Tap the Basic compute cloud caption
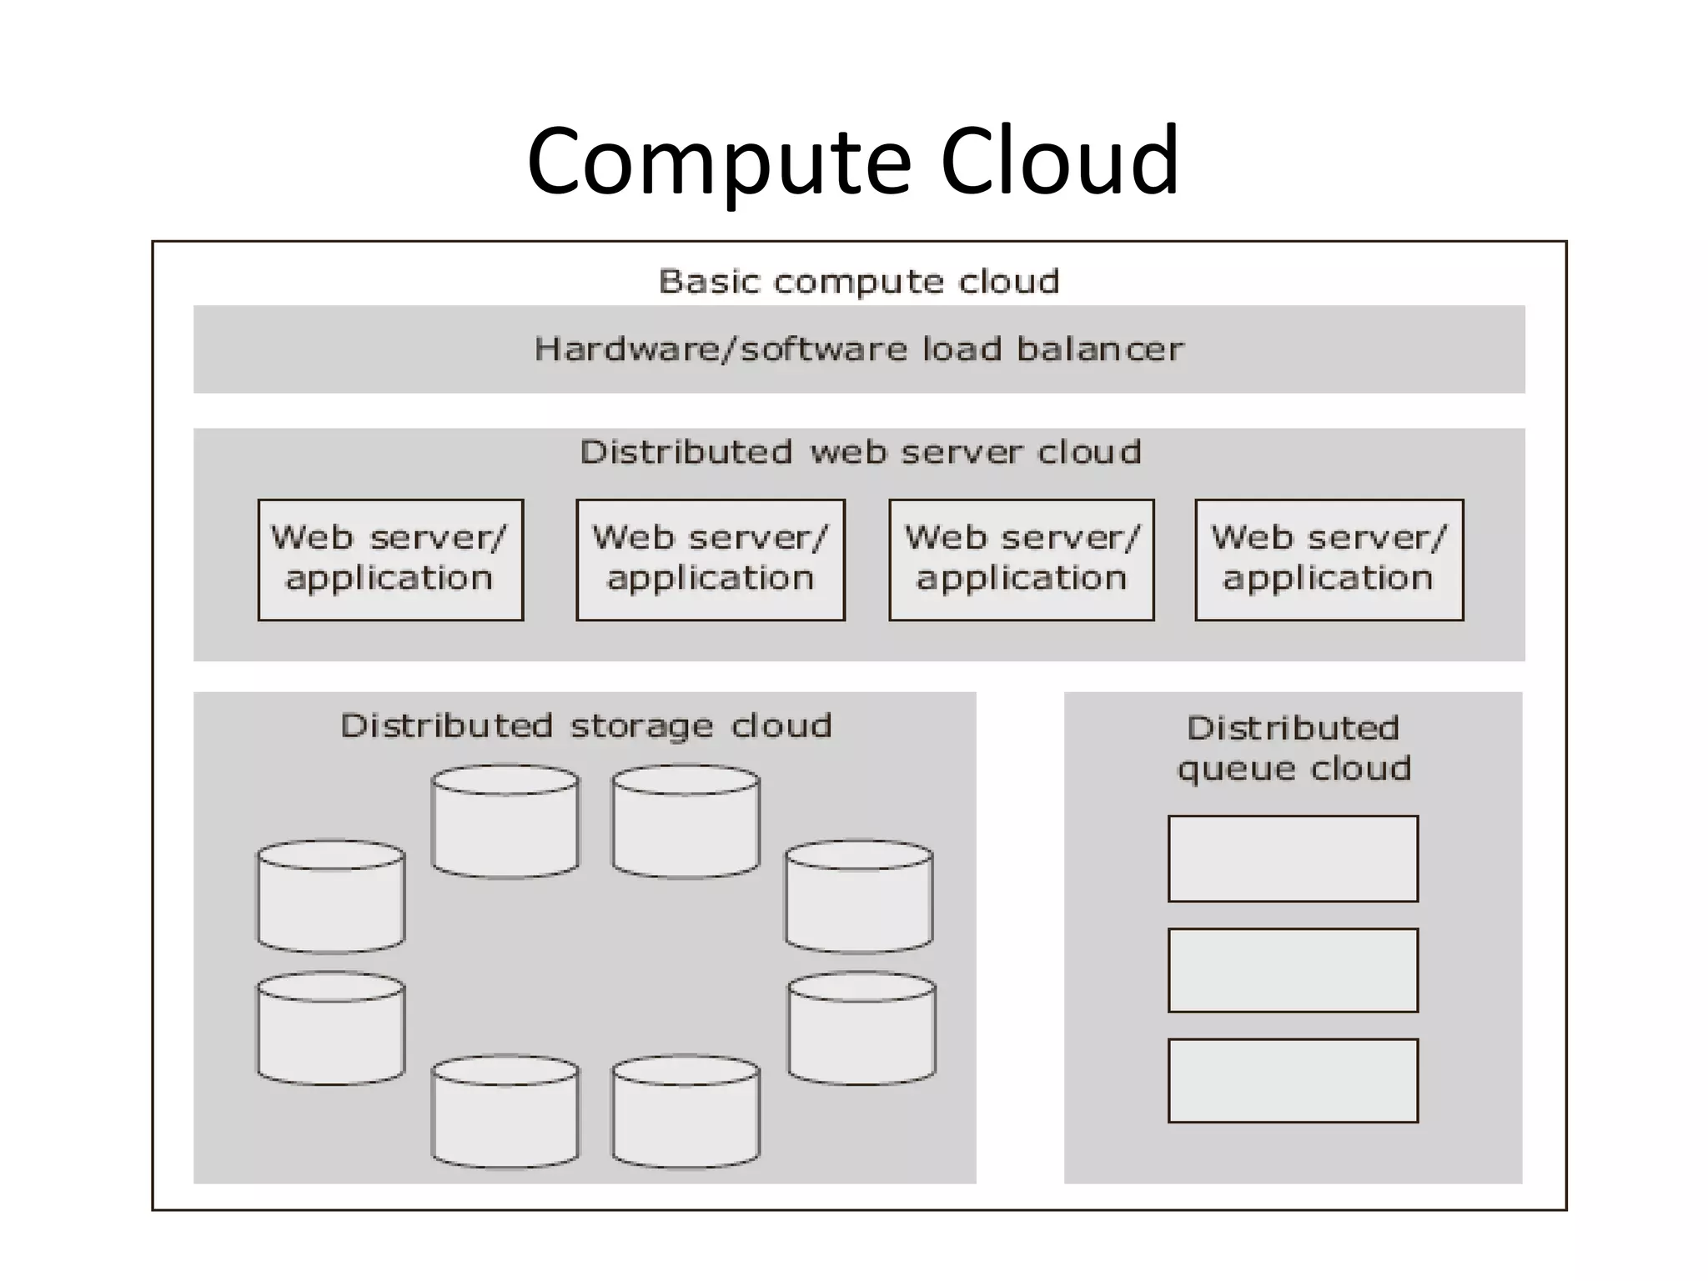click(x=859, y=282)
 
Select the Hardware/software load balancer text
click(x=859, y=349)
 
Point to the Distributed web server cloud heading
click(x=860, y=452)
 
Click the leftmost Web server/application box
click(x=390, y=560)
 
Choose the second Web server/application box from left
click(x=711, y=560)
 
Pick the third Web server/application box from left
click(x=1022, y=560)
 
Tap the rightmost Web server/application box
click(x=1329, y=560)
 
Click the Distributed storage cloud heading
click(x=585, y=726)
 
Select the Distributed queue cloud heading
click(x=1294, y=748)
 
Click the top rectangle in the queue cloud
click(x=1293, y=858)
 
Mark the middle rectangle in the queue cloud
click(x=1293, y=970)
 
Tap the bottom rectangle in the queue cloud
click(x=1293, y=1080)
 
